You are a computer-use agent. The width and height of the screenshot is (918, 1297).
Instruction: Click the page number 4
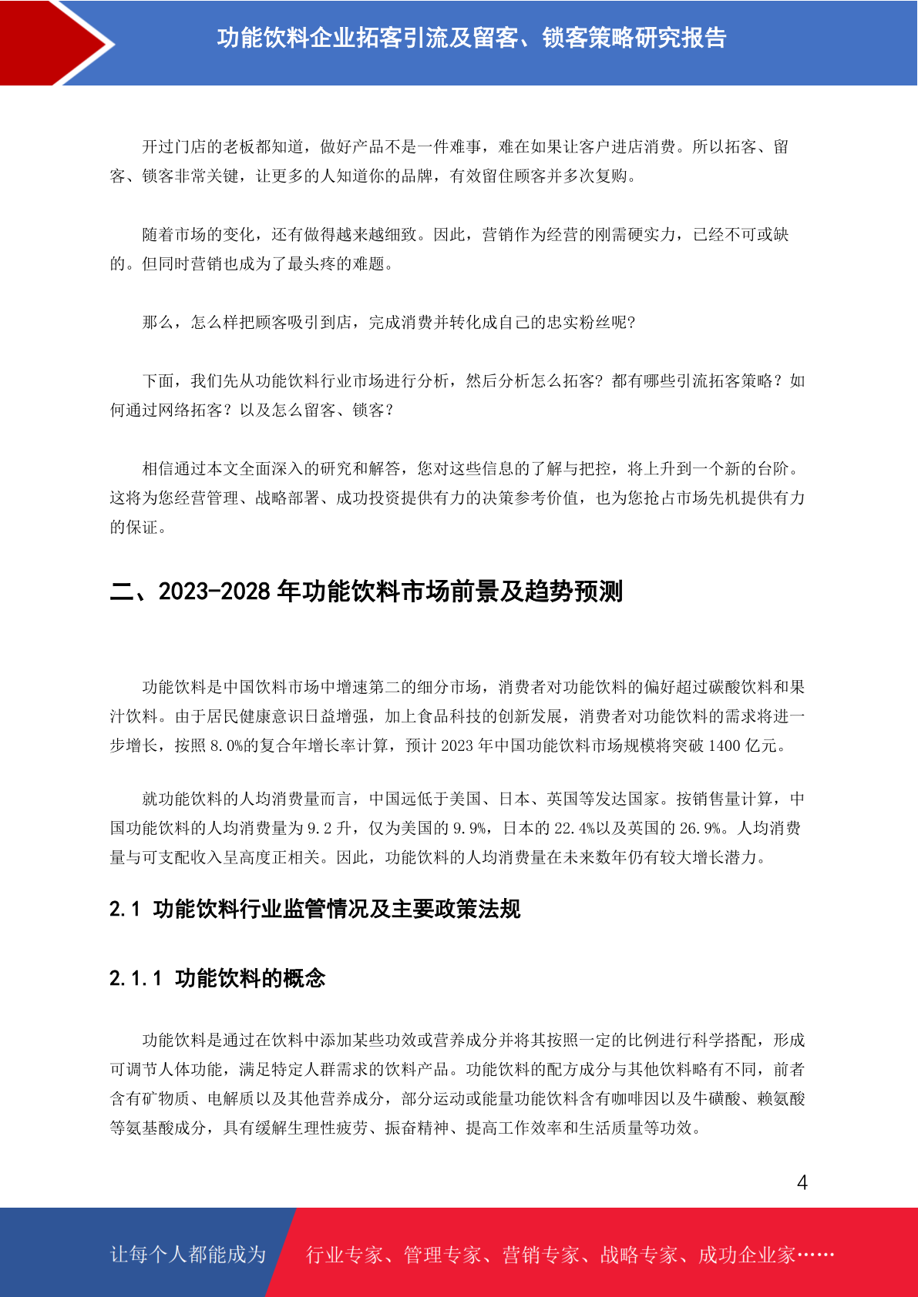(802, 1182)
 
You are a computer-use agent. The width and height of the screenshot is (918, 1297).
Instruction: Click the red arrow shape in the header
(46, 42)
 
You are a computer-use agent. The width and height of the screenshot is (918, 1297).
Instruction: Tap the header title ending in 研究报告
(472, 38)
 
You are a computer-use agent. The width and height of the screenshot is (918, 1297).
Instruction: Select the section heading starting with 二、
(366, 592)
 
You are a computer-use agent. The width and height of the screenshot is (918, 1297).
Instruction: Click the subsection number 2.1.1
(136, 978)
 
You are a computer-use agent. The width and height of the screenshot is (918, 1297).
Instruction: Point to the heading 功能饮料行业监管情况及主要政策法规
(337, 909)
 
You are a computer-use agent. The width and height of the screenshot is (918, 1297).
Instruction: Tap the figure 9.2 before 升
(319, 828)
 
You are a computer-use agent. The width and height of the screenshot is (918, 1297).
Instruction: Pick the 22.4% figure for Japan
(575, 828)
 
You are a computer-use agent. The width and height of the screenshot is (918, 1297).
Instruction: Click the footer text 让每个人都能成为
(188, 1255)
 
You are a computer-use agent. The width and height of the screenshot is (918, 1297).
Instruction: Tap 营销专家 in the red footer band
(540, 1255)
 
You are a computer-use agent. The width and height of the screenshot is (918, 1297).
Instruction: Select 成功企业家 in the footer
(746, 1255)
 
